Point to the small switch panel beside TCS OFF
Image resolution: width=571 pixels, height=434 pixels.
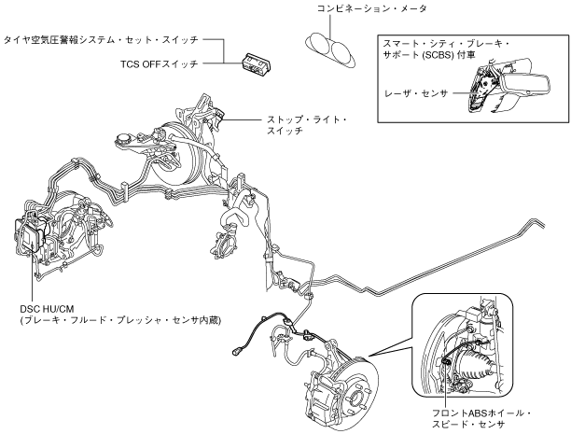pos(254,63)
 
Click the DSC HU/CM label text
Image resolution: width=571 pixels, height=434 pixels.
pos(43,306)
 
